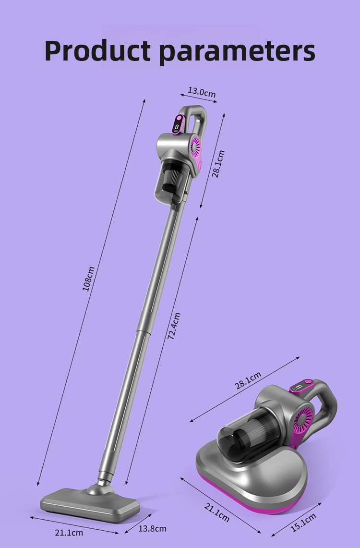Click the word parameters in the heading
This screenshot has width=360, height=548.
[x=238, y=52]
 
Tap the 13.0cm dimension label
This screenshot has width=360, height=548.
[x=202, y=92]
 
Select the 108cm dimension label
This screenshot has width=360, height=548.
[x=88, y=279]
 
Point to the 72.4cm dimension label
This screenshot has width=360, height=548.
[x=174, y=326]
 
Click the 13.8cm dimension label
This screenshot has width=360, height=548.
[x=152, y=528]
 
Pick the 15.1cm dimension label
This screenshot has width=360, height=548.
[x=303, y=523]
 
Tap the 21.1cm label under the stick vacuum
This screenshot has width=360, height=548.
[x=69, y=533]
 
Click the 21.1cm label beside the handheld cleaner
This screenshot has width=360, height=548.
[x=216, y=512]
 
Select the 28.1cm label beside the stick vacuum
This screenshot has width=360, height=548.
[x=218, y=164]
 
